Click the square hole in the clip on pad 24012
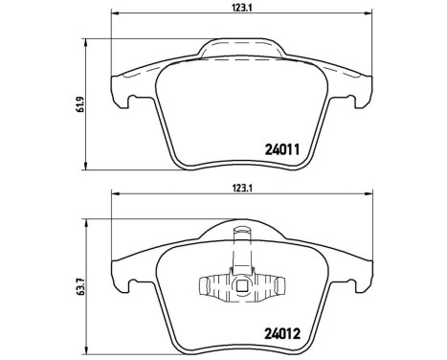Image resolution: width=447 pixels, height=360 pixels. pos(242,284)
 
